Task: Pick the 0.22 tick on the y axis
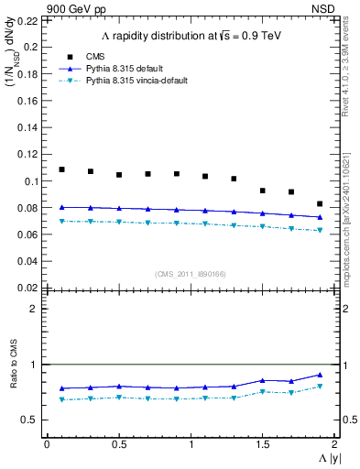click(x=30, y=20)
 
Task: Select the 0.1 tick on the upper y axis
click(x=33, y=181)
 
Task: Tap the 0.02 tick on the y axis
click(x=30, y=288)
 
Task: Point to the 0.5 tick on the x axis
click(x=118, y=444)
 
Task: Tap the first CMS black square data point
click(x=62, y=169)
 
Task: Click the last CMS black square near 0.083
click(x=320, y=203)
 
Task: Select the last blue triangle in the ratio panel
click(x=320, y=375)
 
